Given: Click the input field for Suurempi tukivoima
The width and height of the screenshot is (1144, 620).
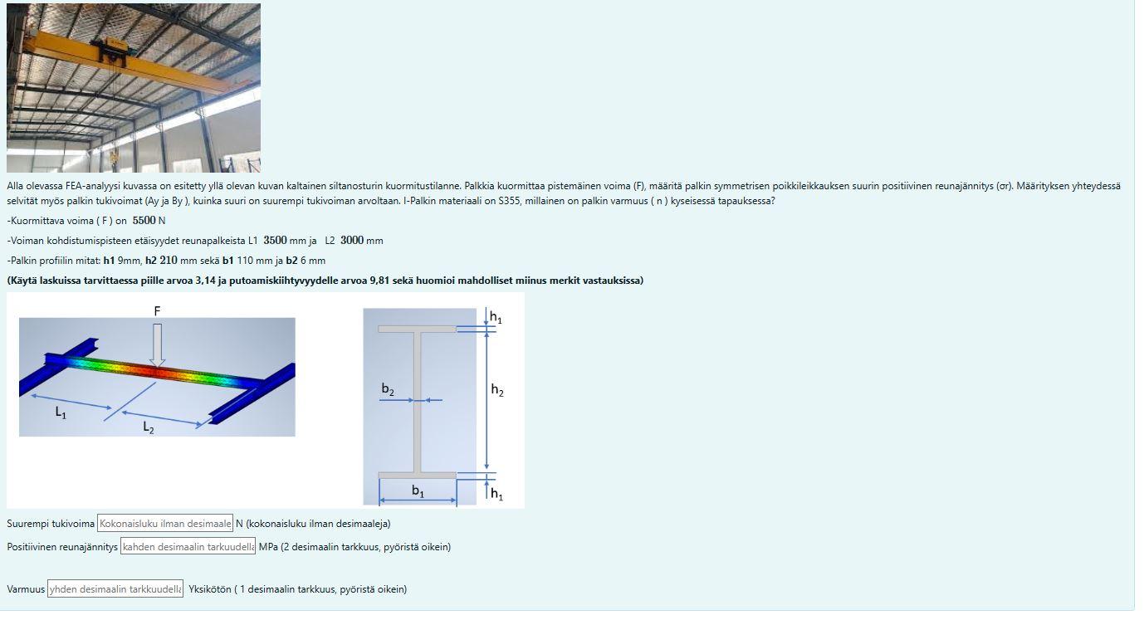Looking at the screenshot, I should [165, 524].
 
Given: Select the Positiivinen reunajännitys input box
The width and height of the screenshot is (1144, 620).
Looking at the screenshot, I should [188, 547].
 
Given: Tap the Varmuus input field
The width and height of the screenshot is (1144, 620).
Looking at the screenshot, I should [115, 589].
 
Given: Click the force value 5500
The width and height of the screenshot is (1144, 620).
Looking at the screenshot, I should [144, 221].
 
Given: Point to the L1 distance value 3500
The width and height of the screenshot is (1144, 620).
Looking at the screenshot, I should [275, 241].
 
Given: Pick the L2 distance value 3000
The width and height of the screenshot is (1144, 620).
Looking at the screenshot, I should [351, 241].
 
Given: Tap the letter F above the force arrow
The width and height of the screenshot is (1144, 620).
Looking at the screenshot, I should [157, 310].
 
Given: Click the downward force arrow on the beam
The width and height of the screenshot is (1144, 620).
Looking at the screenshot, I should [157, 344].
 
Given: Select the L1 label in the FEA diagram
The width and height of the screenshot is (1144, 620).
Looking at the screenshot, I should [61, 413].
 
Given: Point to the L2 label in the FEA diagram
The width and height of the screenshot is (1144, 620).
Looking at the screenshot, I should [148, 427].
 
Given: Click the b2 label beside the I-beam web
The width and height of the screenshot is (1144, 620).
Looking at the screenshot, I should [388, 389].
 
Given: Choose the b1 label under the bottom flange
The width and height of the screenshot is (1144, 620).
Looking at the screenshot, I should [418, 491].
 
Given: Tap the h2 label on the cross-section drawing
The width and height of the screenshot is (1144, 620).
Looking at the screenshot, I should [496, 390].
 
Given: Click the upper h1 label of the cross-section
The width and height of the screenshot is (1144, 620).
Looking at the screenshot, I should [496, 318].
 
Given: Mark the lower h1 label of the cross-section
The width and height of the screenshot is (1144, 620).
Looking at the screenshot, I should [496, 495].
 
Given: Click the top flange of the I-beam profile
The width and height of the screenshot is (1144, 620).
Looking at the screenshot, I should [417, 329].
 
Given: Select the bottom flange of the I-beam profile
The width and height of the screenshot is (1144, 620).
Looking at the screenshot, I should [417, 476].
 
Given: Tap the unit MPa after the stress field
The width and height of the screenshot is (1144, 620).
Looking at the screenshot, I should [268, 547].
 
